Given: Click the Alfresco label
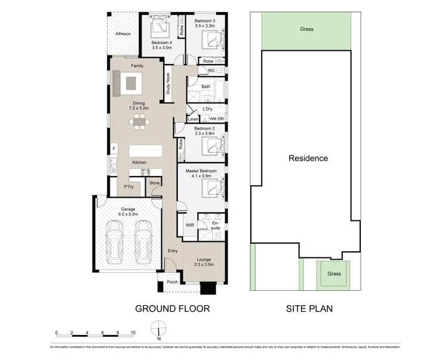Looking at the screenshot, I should point(122,35).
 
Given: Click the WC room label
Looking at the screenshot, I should point(211,70).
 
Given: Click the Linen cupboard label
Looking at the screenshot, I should point(192,119).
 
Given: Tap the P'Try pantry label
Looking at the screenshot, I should point(128,187).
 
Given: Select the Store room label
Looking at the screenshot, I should point(154,183).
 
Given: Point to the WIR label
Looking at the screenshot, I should point(189,225).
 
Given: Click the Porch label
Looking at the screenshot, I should point(172,282).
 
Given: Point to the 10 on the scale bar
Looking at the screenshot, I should point(133,332).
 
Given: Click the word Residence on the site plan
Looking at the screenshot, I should point(308,158).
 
